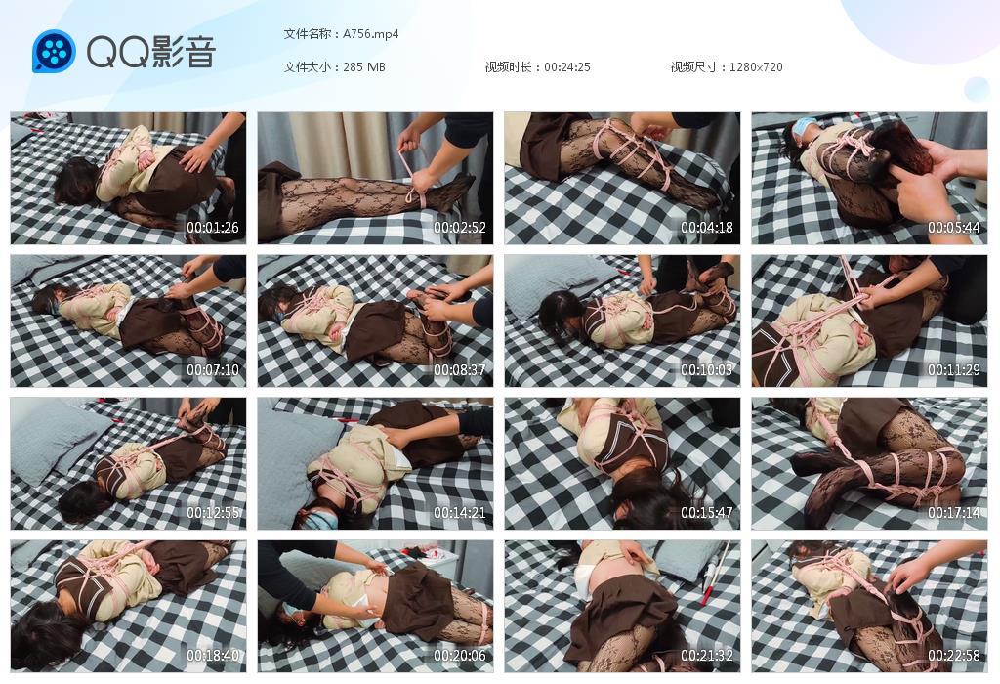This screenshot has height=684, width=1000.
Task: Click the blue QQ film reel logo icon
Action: (x=54, y=52)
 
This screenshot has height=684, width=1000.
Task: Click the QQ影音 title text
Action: (x=150, y=52)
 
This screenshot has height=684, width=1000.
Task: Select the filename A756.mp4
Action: (x=371, y=34)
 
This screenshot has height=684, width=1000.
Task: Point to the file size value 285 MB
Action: (x=364, y=67)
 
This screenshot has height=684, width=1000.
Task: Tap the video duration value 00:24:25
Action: (x=567, y=67)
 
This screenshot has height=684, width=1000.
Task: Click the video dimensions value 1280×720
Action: (x=756, y=67)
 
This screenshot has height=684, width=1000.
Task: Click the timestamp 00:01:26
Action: (x=212, y=229)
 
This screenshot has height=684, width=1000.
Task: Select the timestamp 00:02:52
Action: (x=459, y=229)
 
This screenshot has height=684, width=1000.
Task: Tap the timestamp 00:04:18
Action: (x=706, y=229)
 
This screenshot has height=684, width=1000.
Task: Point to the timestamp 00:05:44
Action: (x=953, y=229)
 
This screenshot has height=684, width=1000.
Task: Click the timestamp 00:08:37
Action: (x=459, y=371)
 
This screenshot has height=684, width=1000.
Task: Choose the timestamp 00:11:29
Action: (x=953, y=371)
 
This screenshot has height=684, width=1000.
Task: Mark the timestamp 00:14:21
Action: (x=459, y=513)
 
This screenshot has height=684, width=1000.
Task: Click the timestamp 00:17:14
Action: (x=953, y=513)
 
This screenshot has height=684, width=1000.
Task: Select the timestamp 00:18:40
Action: (x=212, y=656)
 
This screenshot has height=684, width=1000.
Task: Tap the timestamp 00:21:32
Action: (x=706, y=656)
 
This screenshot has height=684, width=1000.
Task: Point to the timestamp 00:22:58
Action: (x=953, y=656)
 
